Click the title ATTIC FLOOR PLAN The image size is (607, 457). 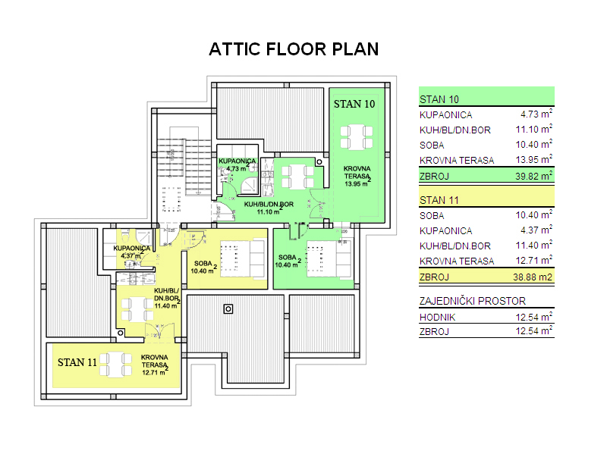point(294,49)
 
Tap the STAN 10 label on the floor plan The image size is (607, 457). point(354,104)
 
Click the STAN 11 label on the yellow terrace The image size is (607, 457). point(77,362)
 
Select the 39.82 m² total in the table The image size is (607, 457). point(533,176)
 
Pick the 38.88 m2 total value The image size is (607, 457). point(533,277)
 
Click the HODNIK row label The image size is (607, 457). point(438,318)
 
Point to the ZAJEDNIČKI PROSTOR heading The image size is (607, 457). point(473,301)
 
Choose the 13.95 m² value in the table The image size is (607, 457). point(534,159)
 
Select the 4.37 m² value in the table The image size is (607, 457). point(536,230)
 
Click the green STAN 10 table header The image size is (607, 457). point(486,96)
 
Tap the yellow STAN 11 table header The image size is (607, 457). point(486,197)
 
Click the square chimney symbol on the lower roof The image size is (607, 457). point(228,309)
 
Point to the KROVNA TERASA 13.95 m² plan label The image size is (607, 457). point(357,177)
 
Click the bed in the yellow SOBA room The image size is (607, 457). point(242,258)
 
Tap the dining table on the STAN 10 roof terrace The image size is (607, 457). point(357,137)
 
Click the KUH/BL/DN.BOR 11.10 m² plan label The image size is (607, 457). point(269,208)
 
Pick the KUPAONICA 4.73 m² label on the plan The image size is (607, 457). point(237,164)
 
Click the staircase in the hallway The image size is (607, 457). point(184,167)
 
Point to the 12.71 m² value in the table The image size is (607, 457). point(534,260)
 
